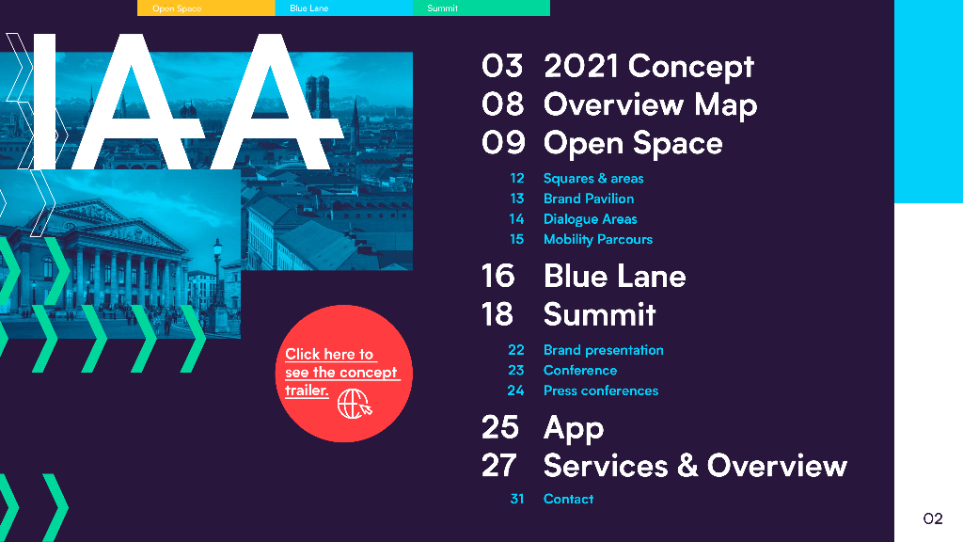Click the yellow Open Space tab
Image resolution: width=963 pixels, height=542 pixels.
[206, 8]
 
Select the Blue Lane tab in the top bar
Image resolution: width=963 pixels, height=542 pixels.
[343, 8]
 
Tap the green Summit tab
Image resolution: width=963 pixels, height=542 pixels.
[481, 8]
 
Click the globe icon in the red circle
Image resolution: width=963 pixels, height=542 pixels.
[355, 405]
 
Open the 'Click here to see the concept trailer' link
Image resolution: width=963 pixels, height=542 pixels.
[341, 373]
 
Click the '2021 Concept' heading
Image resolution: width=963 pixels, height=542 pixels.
[649, 67]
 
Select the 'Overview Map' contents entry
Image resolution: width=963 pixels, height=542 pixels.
[651, 104]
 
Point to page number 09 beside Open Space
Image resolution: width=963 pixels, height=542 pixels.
[503, 143]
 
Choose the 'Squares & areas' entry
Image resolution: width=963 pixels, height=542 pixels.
[593, 178]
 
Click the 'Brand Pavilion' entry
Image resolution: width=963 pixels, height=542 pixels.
[589, 199]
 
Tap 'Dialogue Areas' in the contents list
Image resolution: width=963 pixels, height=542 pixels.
[591, 218]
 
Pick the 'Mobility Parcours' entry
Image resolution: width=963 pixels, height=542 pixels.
[597, 239]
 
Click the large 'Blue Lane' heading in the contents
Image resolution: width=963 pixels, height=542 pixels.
[614, 277]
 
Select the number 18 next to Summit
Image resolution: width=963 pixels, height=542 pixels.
[497, 314]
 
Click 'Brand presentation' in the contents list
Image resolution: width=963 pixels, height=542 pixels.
[603, 350]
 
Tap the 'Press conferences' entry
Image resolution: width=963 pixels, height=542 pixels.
[601, 391]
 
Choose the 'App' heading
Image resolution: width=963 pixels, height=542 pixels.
[574, 428]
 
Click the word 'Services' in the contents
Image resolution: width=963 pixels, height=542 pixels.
[606, 466]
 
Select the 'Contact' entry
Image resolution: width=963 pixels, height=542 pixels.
[568, 499]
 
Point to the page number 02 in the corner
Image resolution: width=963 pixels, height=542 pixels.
[932, 518]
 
